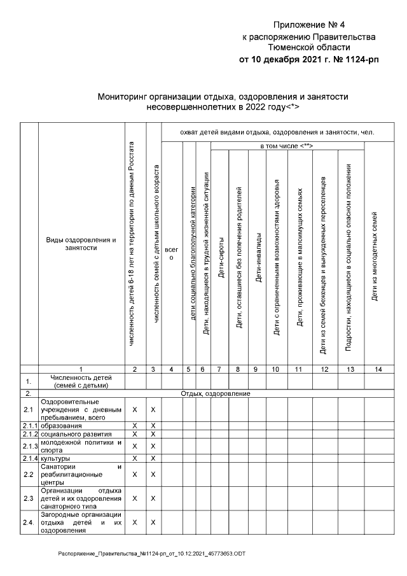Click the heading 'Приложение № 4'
308,25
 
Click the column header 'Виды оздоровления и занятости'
81,244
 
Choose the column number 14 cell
375,369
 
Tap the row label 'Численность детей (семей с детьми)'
81,381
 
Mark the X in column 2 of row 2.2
135,474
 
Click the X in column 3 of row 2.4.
153,522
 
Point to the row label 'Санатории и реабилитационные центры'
81,474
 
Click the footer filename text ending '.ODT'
152,554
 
